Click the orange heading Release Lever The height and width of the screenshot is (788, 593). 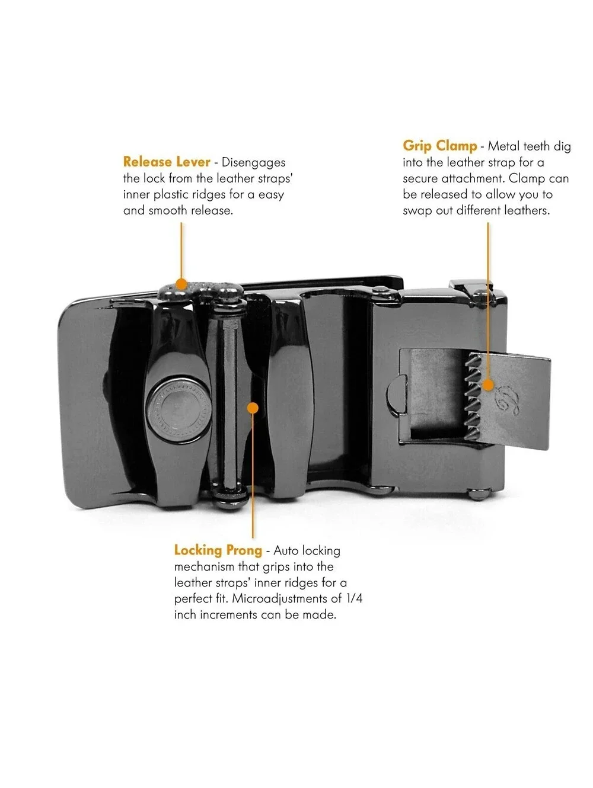click(166, 162)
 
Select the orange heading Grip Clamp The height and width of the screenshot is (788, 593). click(439, 146)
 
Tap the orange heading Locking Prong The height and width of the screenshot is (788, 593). click(218, 550)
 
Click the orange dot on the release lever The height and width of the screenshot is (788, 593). click(181, 284)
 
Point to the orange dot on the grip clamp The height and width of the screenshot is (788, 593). click(488, 385)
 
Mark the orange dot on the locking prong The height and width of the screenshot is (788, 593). click(253, 408)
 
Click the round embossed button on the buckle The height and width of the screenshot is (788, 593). click(178, 409)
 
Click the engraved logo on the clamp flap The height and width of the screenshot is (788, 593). click(508, 401)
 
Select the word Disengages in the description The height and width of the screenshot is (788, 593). click(253, 162)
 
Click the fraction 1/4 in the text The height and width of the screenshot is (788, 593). click(354, 598)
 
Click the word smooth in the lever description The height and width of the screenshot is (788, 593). click(168, 210)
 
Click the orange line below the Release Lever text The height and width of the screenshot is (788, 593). click(181, 251)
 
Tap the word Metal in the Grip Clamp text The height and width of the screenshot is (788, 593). click(504, 146)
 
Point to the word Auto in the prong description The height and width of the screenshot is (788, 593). click(286, 550)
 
